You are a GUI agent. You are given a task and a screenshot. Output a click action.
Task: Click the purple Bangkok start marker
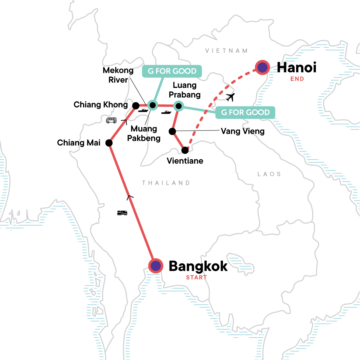[x=156, y=266]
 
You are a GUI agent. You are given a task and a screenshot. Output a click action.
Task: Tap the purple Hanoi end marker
[x=262, y=67]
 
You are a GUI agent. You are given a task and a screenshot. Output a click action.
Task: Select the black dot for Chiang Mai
[x=109, y=143]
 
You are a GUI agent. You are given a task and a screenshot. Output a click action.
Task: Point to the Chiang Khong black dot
[x=136, y=106]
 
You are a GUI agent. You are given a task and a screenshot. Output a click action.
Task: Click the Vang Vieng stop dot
[x=172, y=131]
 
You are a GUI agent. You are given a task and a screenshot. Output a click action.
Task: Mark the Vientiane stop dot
[x=185, y=150]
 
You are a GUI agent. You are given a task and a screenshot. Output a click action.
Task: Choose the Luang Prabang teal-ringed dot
[x=178, y=106]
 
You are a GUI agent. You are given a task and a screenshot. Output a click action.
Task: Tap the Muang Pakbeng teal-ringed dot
[x=152, y=105]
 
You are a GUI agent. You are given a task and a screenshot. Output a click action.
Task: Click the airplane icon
[x=230, y=97]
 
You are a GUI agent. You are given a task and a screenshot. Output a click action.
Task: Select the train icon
[x=122, y=213]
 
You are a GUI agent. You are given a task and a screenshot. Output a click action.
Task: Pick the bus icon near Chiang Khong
[x=111, y=120]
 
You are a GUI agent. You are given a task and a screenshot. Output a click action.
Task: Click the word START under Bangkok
[x=196, y=277]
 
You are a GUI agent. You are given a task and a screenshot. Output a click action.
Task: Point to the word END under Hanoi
[x=297, y=79]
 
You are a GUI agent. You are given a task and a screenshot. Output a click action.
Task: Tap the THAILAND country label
[x=166, y=183]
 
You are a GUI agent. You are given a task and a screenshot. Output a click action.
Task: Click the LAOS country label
[x=269, y=174]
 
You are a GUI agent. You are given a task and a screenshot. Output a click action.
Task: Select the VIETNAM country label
[x=226, y=51]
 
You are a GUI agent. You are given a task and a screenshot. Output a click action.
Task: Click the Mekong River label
[x=118, y=75]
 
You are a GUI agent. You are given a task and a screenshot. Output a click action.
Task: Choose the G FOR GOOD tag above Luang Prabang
[x=172, y=71]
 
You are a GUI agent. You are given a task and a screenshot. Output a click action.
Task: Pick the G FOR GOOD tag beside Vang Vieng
[x=245, y=112]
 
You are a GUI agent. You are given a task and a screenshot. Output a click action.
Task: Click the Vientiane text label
[x=185, y=161]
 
